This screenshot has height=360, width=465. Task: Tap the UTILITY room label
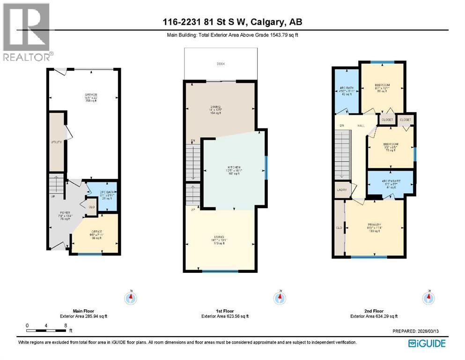click(x=56, y=142)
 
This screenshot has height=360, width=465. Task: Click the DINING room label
click(x=215, y=107)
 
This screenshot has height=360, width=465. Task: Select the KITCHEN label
click(x=234, y=167)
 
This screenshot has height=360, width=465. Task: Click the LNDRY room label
click(x=340, y=189)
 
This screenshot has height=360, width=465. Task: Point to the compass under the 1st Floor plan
click(x=280, y=298)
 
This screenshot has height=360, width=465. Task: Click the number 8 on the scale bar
click(x=66, y=325)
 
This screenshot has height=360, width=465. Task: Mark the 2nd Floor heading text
click(x=373, y=311)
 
